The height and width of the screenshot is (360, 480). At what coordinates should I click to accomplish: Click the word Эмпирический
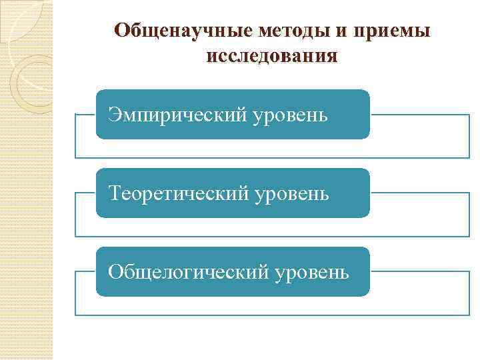coord(176,115)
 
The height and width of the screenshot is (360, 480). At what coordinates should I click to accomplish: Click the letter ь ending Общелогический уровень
coord(343,273)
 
